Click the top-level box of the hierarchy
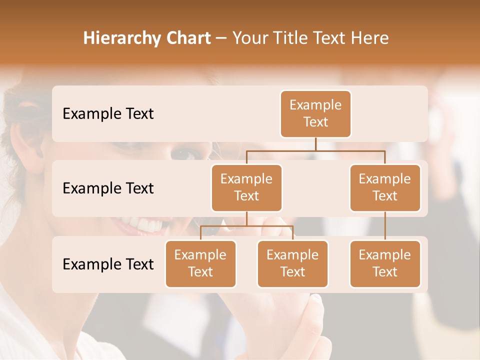(315, 114)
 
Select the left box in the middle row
(246, 188)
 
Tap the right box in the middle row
(385, 188)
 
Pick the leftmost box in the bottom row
(200, 264)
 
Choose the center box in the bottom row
(292, 264)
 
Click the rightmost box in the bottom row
(385, 264)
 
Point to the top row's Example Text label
(108, 114)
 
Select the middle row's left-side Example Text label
(108, 188)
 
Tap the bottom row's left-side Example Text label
(108, 264)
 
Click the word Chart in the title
(187, 38)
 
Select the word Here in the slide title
(370, 38)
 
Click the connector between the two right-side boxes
(385, 226)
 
